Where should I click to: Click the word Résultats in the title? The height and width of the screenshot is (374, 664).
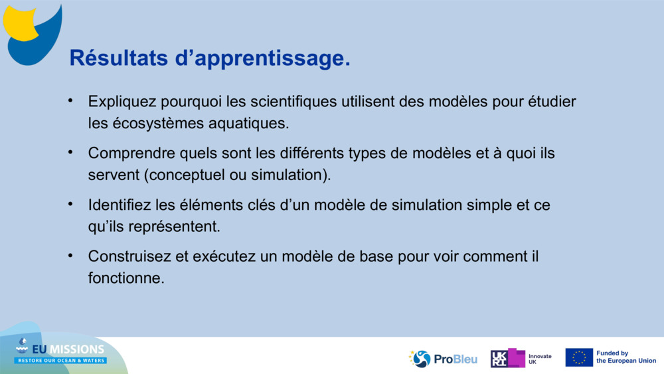[119, 58]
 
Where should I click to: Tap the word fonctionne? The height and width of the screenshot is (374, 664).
[126, 278]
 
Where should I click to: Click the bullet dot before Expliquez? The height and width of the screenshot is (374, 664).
[70, 101]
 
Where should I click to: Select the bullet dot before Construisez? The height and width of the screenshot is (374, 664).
[70, 255]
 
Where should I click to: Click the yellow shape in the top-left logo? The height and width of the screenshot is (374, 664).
[19, 23]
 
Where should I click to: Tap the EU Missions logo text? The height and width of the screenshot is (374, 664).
[68, 349]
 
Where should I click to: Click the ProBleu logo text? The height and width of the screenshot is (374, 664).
[456, 359]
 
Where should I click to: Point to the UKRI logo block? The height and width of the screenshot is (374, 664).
[508, 358]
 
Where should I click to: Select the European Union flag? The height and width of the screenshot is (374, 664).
[579, 357]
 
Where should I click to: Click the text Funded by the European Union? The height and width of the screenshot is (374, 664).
[626, 357]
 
